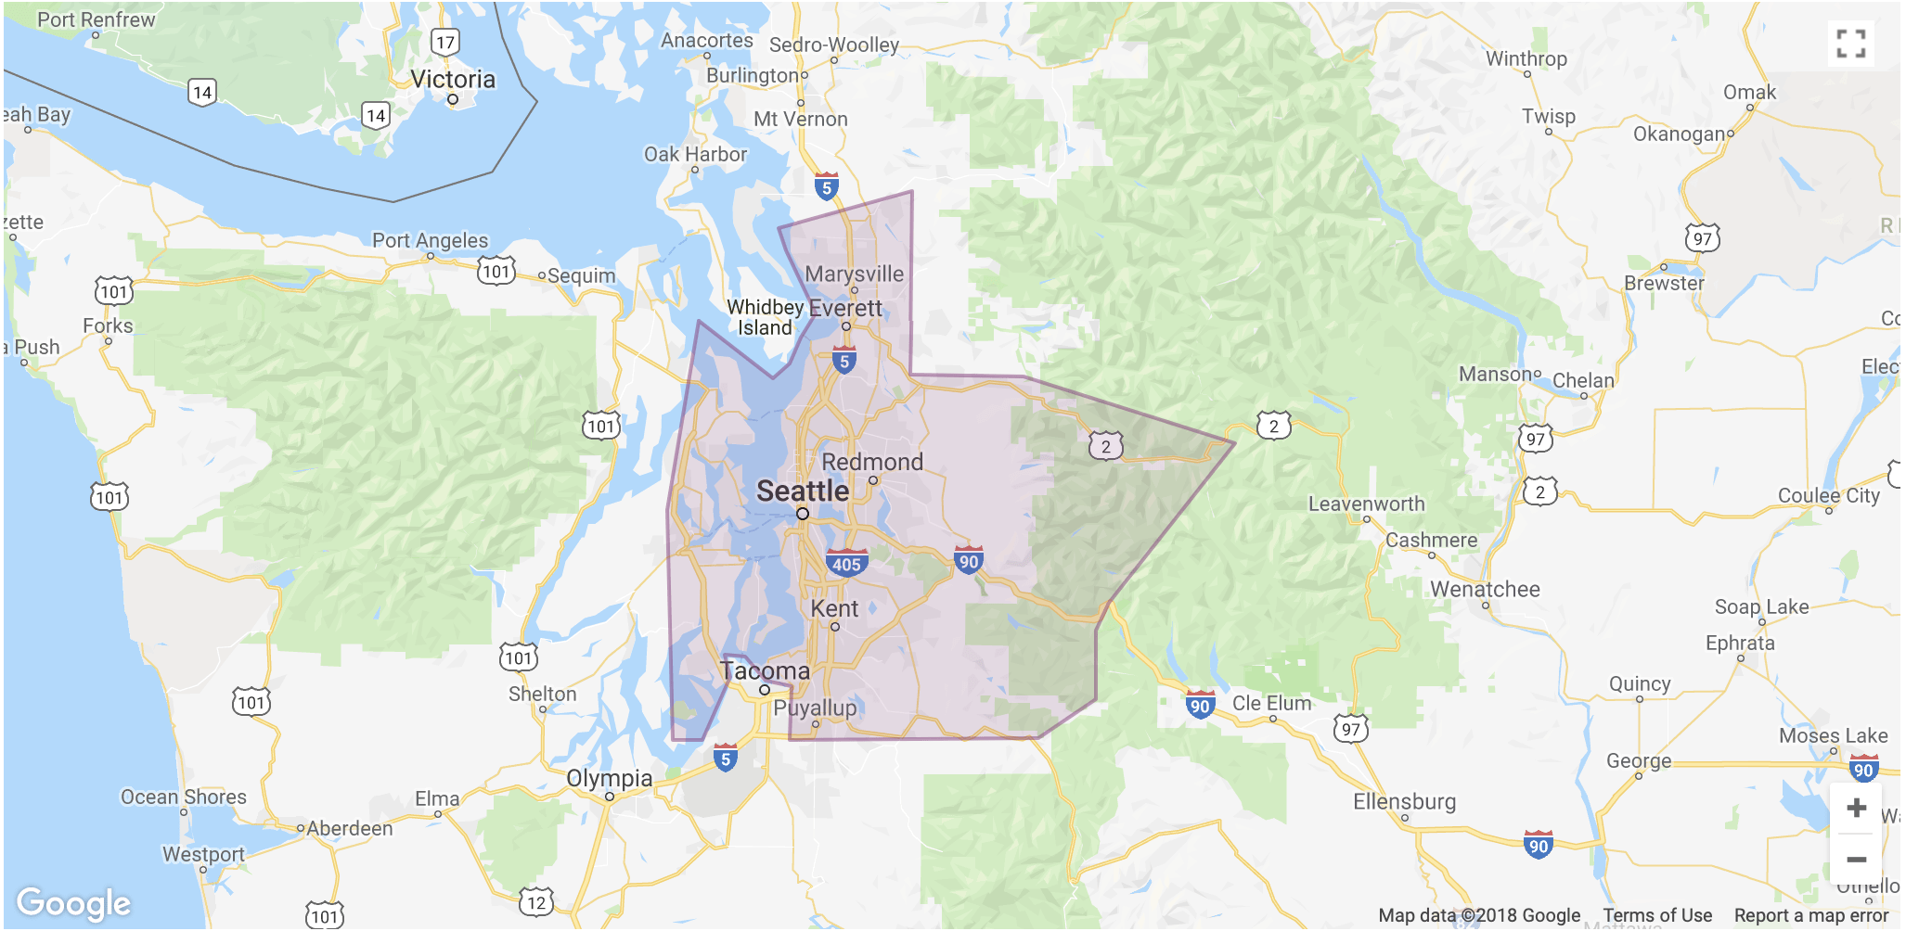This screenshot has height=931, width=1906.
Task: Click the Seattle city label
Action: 802,491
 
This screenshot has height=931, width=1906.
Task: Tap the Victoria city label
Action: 453,79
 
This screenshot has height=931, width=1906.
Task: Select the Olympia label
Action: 609,778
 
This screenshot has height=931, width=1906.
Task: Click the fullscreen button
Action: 1850,44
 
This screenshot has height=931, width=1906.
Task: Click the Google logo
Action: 73,903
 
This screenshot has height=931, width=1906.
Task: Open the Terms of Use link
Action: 1657,915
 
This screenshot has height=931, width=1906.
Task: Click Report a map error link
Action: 1810,915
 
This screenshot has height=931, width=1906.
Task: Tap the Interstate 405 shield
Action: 845,563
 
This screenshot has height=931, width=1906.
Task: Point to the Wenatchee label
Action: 1485,589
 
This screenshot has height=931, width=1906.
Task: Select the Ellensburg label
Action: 1404,801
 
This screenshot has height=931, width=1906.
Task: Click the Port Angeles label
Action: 430,240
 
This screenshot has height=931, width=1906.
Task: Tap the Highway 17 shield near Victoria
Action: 445,42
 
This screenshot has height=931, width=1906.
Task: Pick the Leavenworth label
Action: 1366,504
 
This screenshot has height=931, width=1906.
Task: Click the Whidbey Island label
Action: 765,317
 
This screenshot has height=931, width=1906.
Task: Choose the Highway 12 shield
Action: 536,901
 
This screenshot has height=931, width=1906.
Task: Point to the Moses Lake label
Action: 1833,735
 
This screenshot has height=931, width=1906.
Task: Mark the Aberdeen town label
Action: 350,828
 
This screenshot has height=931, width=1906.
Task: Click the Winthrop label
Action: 1526,58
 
